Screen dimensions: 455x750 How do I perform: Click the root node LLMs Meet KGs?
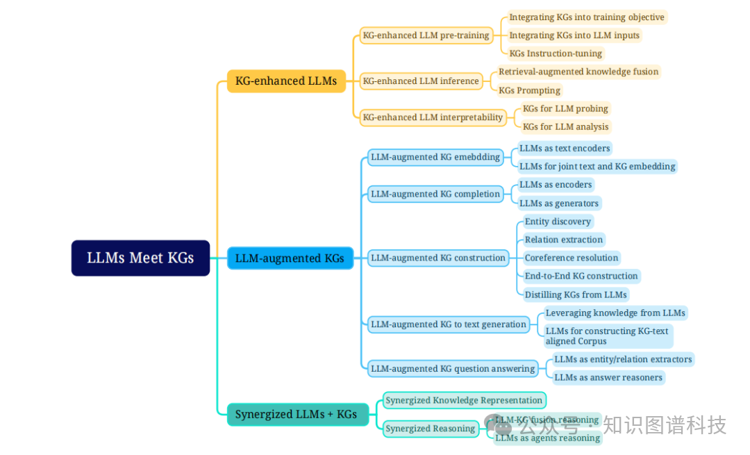pos(140,258)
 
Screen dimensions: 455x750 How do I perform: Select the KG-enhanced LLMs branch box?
pos(286,81)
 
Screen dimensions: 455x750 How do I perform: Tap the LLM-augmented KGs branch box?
pos(290,258)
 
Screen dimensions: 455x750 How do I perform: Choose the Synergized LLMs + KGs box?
pos(297,415)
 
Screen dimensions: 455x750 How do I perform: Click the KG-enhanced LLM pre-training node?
pos(426,35)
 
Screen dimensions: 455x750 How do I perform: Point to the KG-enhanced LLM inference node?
pos(421,81)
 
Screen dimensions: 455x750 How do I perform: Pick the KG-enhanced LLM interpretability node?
pos(433,117)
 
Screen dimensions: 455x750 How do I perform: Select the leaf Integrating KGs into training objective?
pos(586,17)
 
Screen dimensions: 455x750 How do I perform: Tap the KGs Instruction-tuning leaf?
pos(556,53)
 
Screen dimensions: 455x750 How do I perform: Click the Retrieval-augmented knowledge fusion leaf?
pos(578,72)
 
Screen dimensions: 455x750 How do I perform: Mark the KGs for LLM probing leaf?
pos(565,108)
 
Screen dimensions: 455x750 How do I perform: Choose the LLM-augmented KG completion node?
pos(435,194)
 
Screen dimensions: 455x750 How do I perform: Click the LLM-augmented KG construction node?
pos(437,258)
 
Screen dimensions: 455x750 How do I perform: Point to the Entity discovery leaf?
pos(558,222)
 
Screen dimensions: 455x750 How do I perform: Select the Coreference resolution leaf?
pos(571,258)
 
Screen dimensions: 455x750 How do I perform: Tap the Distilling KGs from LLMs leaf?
pos(575,295)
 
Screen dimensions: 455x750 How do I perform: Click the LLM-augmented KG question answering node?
pos(452,369)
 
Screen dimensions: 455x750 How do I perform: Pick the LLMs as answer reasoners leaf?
pos(608,377)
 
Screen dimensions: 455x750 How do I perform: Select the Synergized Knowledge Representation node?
pos(464,400)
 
